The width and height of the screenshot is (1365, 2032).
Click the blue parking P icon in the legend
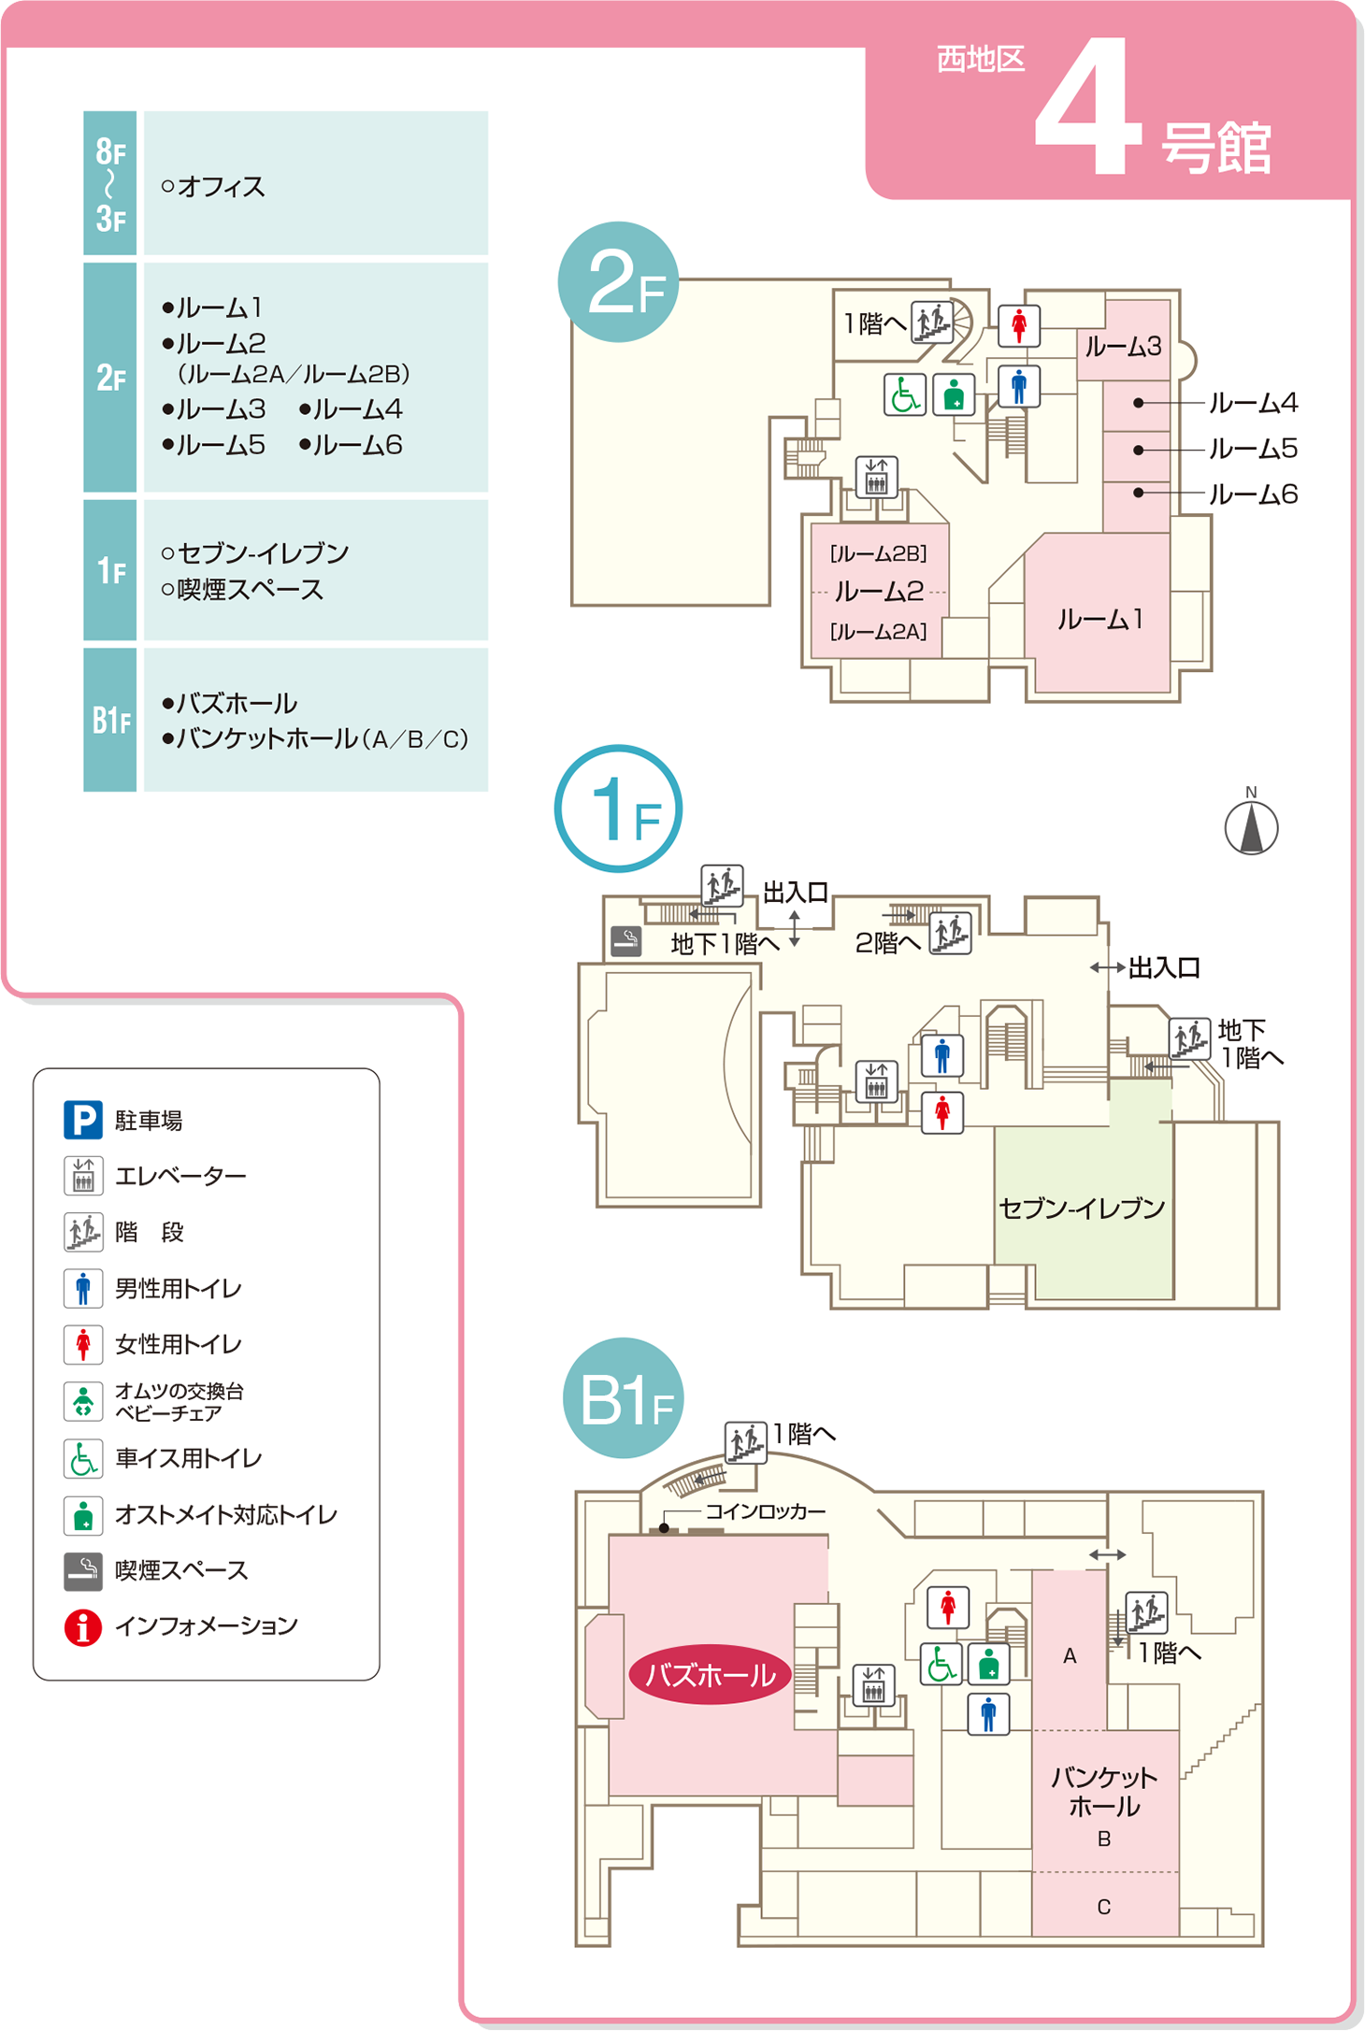(x=82, y=1120)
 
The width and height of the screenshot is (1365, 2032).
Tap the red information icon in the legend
(x=82, y=1627)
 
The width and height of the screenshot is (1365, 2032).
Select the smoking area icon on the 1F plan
(x=625, y=940)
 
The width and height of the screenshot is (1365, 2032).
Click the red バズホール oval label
(x=710, y=1674)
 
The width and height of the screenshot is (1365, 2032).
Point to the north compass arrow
(x=1251, y=828)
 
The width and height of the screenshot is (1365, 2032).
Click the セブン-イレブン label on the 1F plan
(x=1082, y=1209)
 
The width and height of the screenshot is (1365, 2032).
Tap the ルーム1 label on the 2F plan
(x=1099, y=620)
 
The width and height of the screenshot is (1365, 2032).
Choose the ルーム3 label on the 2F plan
(x=1123, y=347)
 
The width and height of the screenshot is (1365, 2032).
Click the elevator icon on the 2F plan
(x=876, y=478)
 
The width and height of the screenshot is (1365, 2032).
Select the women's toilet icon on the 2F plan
(x=1019, y=326)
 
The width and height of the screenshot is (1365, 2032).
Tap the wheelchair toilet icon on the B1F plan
(x=941, y=1664)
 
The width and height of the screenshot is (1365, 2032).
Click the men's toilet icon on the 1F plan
(x=942, y=1055)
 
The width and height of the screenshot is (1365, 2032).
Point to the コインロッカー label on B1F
(x=765, y=1511)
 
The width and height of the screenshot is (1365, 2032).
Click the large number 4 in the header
(x=1088, y=107)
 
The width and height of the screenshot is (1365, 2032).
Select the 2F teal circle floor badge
(x=618, y=282)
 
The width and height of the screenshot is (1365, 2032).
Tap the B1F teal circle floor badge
(x=624, y=1399)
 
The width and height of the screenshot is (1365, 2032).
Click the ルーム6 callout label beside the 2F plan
(x=1253, y=494)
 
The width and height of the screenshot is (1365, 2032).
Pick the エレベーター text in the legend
(x=180, y=1176)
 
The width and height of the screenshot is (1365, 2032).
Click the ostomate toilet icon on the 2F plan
(x=954, y=394)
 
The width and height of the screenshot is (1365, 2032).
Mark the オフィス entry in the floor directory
(x=221, y=187)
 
